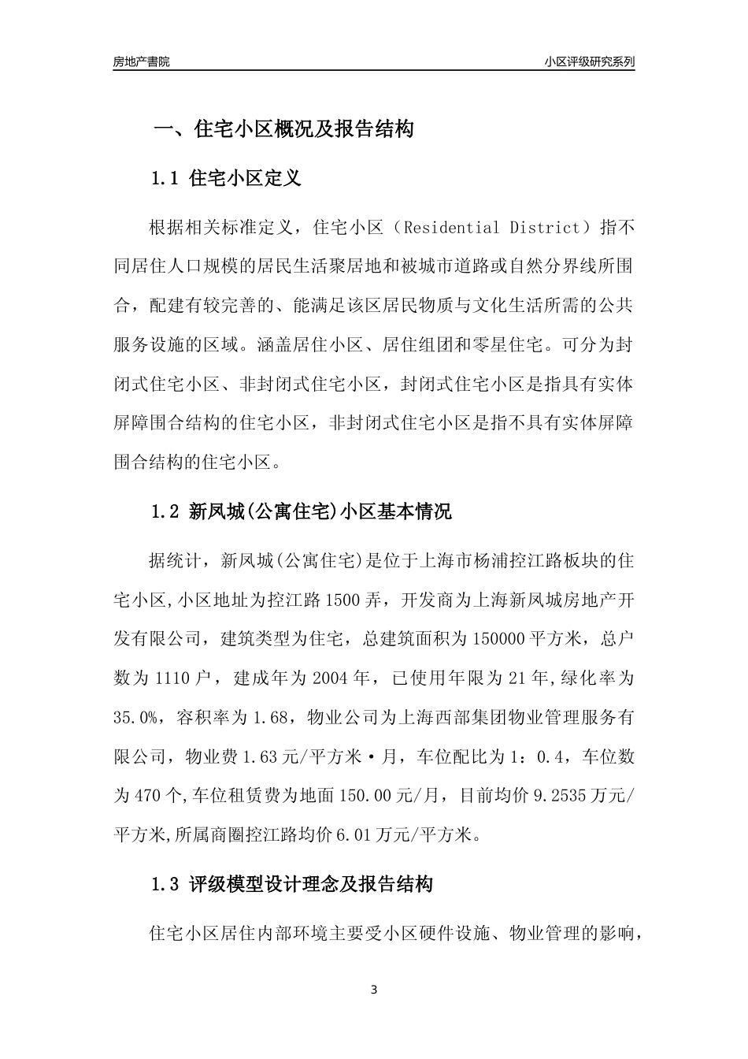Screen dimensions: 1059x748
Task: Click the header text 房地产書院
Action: coord(141,61)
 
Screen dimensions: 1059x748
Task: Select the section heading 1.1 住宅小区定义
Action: coord(226,179)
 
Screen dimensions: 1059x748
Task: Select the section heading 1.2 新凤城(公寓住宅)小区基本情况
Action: coord(301,512)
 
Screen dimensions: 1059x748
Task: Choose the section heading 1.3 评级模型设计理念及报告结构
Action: coord(291,885)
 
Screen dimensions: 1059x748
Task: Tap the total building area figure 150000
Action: coord(499,639)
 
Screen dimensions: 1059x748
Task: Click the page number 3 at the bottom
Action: coord(374,990)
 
